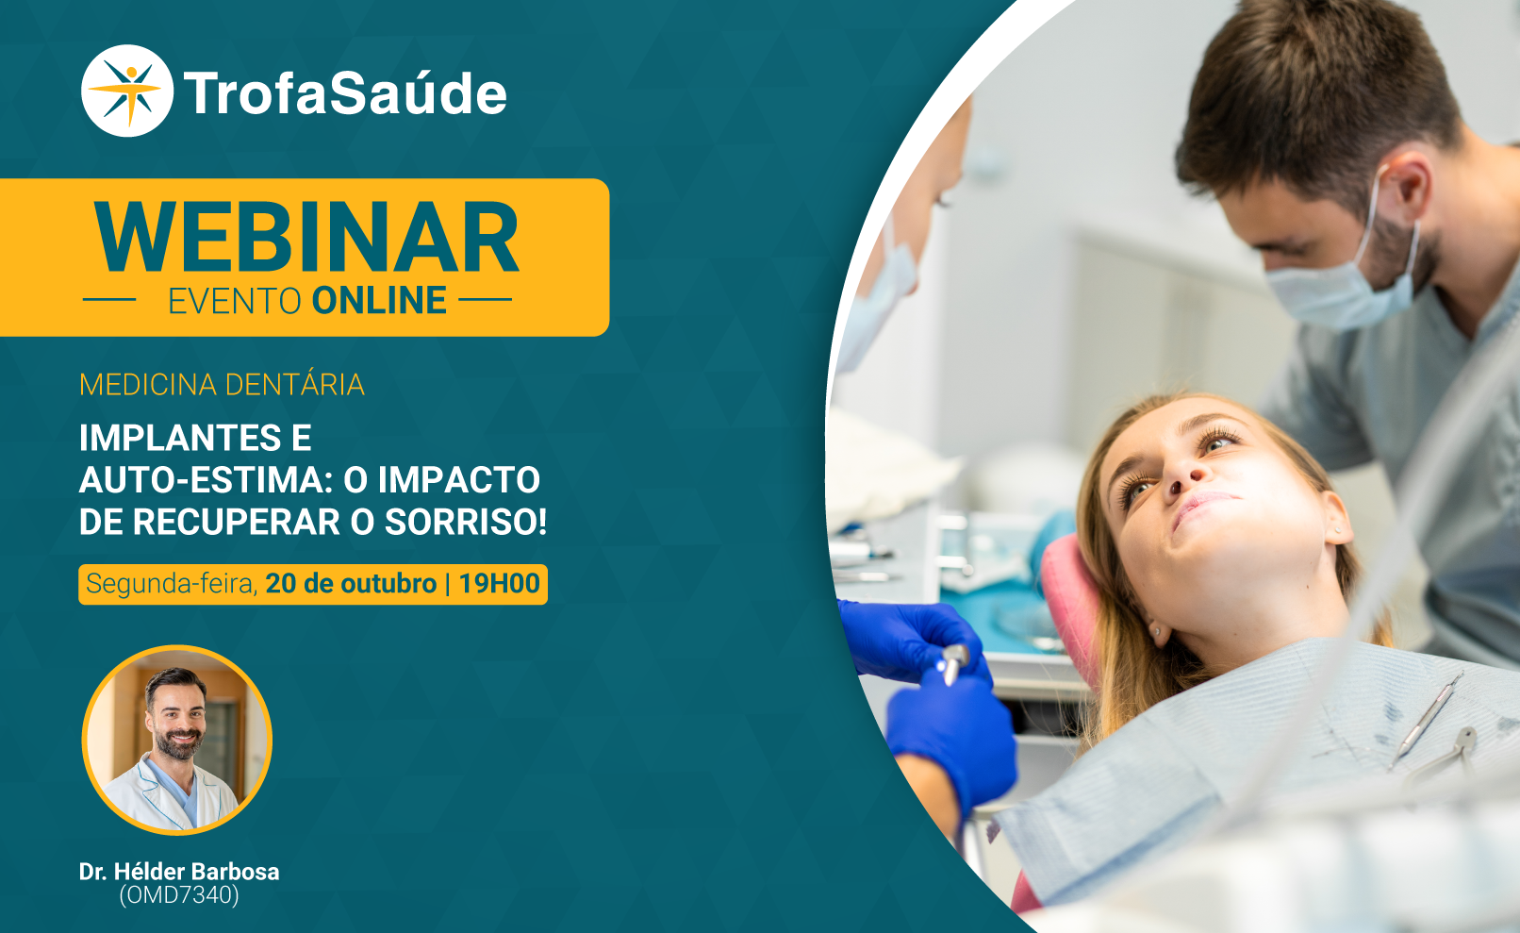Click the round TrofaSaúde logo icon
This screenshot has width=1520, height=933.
(127, 91)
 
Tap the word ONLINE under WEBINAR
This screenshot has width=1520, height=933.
(379, 300)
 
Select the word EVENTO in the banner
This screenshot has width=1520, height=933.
(235, 301)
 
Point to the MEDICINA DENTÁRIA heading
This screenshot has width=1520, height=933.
(222, 384)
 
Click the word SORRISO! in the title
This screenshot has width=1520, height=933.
(466, 522)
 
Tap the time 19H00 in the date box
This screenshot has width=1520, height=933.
(500, 583)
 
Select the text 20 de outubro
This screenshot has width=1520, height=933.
(351, 583)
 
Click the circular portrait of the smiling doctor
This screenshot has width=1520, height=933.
(177, 741)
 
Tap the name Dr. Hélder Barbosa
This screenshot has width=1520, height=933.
(179, 871)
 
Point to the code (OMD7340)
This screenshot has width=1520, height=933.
(179, 895)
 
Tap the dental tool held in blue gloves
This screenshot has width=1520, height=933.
(952, 662)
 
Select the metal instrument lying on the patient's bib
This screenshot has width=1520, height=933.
(1425, 719)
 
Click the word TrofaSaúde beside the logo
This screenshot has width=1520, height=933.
(345, 93)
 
